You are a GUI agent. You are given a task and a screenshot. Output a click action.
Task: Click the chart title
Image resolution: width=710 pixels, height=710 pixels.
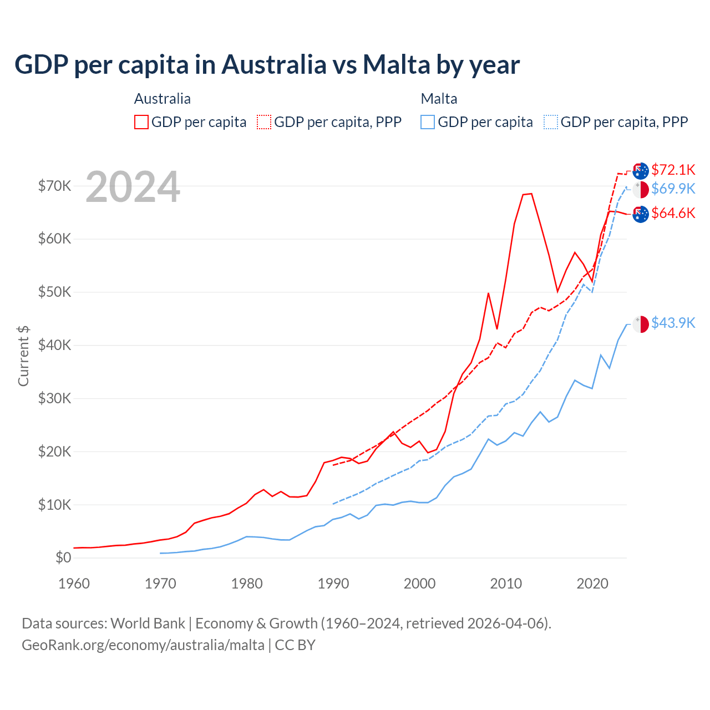click(x=267, y=64)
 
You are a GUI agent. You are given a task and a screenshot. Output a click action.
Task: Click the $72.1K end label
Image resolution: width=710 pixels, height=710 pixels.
click(x=673, y=170)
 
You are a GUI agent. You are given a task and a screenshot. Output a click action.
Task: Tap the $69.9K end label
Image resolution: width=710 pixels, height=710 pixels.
click(x=673, y=189)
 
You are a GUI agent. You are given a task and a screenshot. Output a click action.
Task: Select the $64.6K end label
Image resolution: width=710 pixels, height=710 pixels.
click(x=673, y=213)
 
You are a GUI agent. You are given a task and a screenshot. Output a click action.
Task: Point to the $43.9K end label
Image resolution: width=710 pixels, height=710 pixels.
click(x=673, y=323)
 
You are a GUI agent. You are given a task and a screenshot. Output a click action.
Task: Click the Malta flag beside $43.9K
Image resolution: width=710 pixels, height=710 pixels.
click(x=641, y=324)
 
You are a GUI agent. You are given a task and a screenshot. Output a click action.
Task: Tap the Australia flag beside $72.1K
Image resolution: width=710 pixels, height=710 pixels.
click(x=641, y=171)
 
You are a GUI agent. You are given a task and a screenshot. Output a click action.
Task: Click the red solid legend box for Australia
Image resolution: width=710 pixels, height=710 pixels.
click(x=141, y=122)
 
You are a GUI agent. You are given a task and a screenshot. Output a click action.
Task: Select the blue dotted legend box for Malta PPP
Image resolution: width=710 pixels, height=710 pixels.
click(x=551, y=122)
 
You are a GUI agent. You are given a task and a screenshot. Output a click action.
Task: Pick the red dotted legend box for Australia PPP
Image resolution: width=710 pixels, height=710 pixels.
click(x=264, y=122)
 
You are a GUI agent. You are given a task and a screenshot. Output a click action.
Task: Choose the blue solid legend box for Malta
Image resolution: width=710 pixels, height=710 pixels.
click(x=428, y=122)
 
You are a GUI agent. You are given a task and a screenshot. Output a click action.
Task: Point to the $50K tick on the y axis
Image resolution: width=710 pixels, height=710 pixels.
click(x=54, y=292)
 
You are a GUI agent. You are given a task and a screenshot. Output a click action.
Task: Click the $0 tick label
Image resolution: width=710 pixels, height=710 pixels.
click(x=63, y=557)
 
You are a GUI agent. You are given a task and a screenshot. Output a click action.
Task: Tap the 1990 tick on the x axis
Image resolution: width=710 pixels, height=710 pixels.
click(x=333, y=584)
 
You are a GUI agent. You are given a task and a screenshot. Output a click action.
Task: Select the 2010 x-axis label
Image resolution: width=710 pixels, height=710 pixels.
click(x=506, y=584)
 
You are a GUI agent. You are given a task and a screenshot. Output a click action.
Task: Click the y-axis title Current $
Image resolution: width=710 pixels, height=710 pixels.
click(x=23, y=356)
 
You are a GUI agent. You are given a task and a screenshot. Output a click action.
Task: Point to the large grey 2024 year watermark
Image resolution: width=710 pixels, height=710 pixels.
click(x=133, y=187)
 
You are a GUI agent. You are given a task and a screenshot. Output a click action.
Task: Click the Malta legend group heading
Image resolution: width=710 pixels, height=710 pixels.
click(x=439, y=99)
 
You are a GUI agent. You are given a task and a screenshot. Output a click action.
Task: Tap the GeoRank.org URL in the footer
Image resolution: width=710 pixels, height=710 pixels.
click(x=143, y=645)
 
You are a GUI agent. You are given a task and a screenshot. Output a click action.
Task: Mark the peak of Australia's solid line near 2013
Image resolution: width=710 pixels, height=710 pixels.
click(x=531, y=194)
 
